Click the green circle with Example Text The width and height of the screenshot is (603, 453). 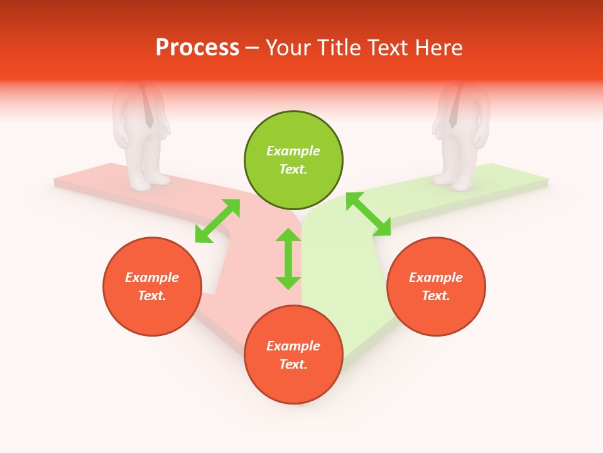(293, 160)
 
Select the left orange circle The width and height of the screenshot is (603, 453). (152, 286)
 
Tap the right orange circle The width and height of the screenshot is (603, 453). (436, 286)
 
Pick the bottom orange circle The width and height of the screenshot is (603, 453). (293, 355)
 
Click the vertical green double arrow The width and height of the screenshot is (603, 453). (288, 259)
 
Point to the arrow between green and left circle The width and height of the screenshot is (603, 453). (217, 221)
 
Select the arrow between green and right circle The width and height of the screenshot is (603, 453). (368, 214)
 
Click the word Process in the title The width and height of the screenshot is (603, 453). (197, 48)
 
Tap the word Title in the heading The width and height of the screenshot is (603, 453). (339, 48)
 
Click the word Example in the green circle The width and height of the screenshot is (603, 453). (293, 151)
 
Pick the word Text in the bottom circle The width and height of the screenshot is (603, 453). (293, 364)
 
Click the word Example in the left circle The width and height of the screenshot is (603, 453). (152, 277)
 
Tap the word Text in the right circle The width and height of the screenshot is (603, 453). (436, 296)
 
